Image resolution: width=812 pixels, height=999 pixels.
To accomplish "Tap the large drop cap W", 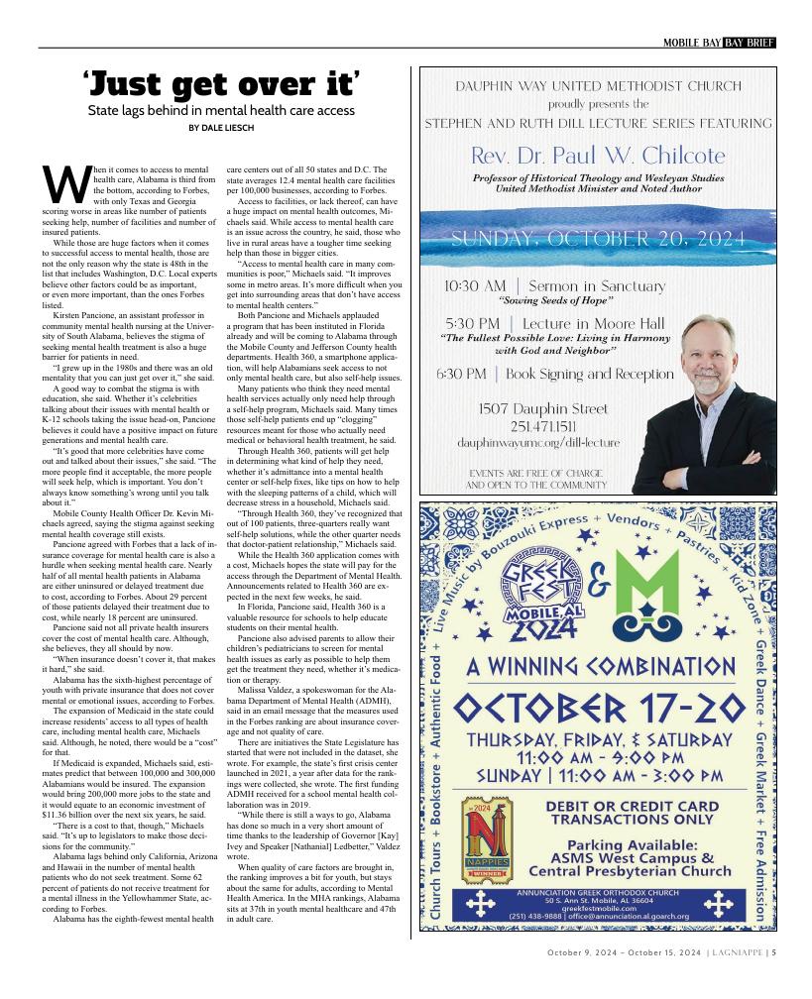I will pos(58,181).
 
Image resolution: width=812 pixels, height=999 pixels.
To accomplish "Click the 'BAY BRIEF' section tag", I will pos(749,42).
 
